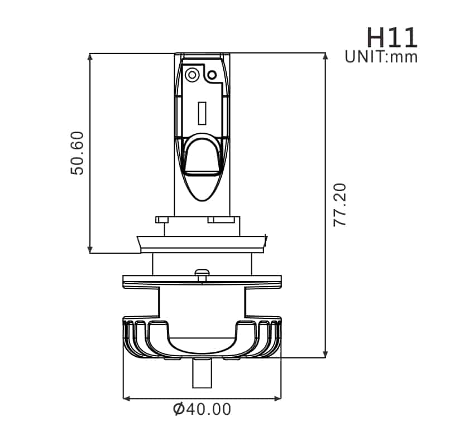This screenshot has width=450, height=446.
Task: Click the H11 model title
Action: [392, 37]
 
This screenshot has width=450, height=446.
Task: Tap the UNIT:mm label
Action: [381, 57]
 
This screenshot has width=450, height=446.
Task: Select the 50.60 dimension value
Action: [77, 153]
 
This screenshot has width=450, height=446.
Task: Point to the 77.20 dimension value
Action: [340, 205]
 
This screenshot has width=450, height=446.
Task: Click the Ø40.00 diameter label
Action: [202, 409]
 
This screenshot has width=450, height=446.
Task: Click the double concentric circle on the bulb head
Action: [192, 75]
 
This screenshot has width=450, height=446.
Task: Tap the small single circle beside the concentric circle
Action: [212, 75]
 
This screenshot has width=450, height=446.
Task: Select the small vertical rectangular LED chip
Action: [202, 113]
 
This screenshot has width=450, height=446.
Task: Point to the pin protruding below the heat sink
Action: [202, 373]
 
